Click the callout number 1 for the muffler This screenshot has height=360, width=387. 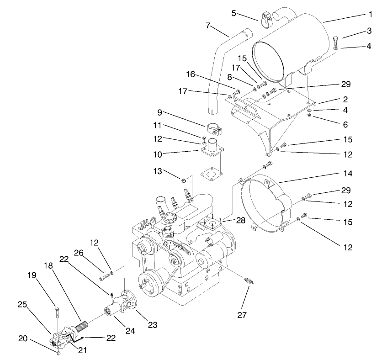click(x=371, y=14)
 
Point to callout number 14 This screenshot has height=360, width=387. click(x=349, y=174)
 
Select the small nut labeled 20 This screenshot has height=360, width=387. click(x=59, y=353)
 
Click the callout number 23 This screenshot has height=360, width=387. click(x=152, y=325)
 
